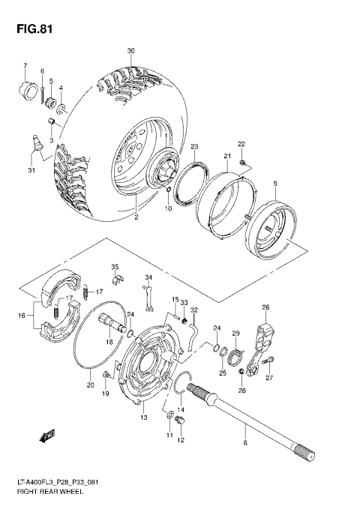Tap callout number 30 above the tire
pyautogui.click(x=130, y=51)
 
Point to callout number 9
pyautogui.click(x=275, y=184)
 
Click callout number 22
pyautogui.click(x=241, y=144)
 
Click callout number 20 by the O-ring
pyautogui.click(x=91, y=385)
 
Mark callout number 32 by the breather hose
pyautogui.click(x=193, y=310)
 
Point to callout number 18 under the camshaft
pyautogui.click(x=109, y=342)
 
